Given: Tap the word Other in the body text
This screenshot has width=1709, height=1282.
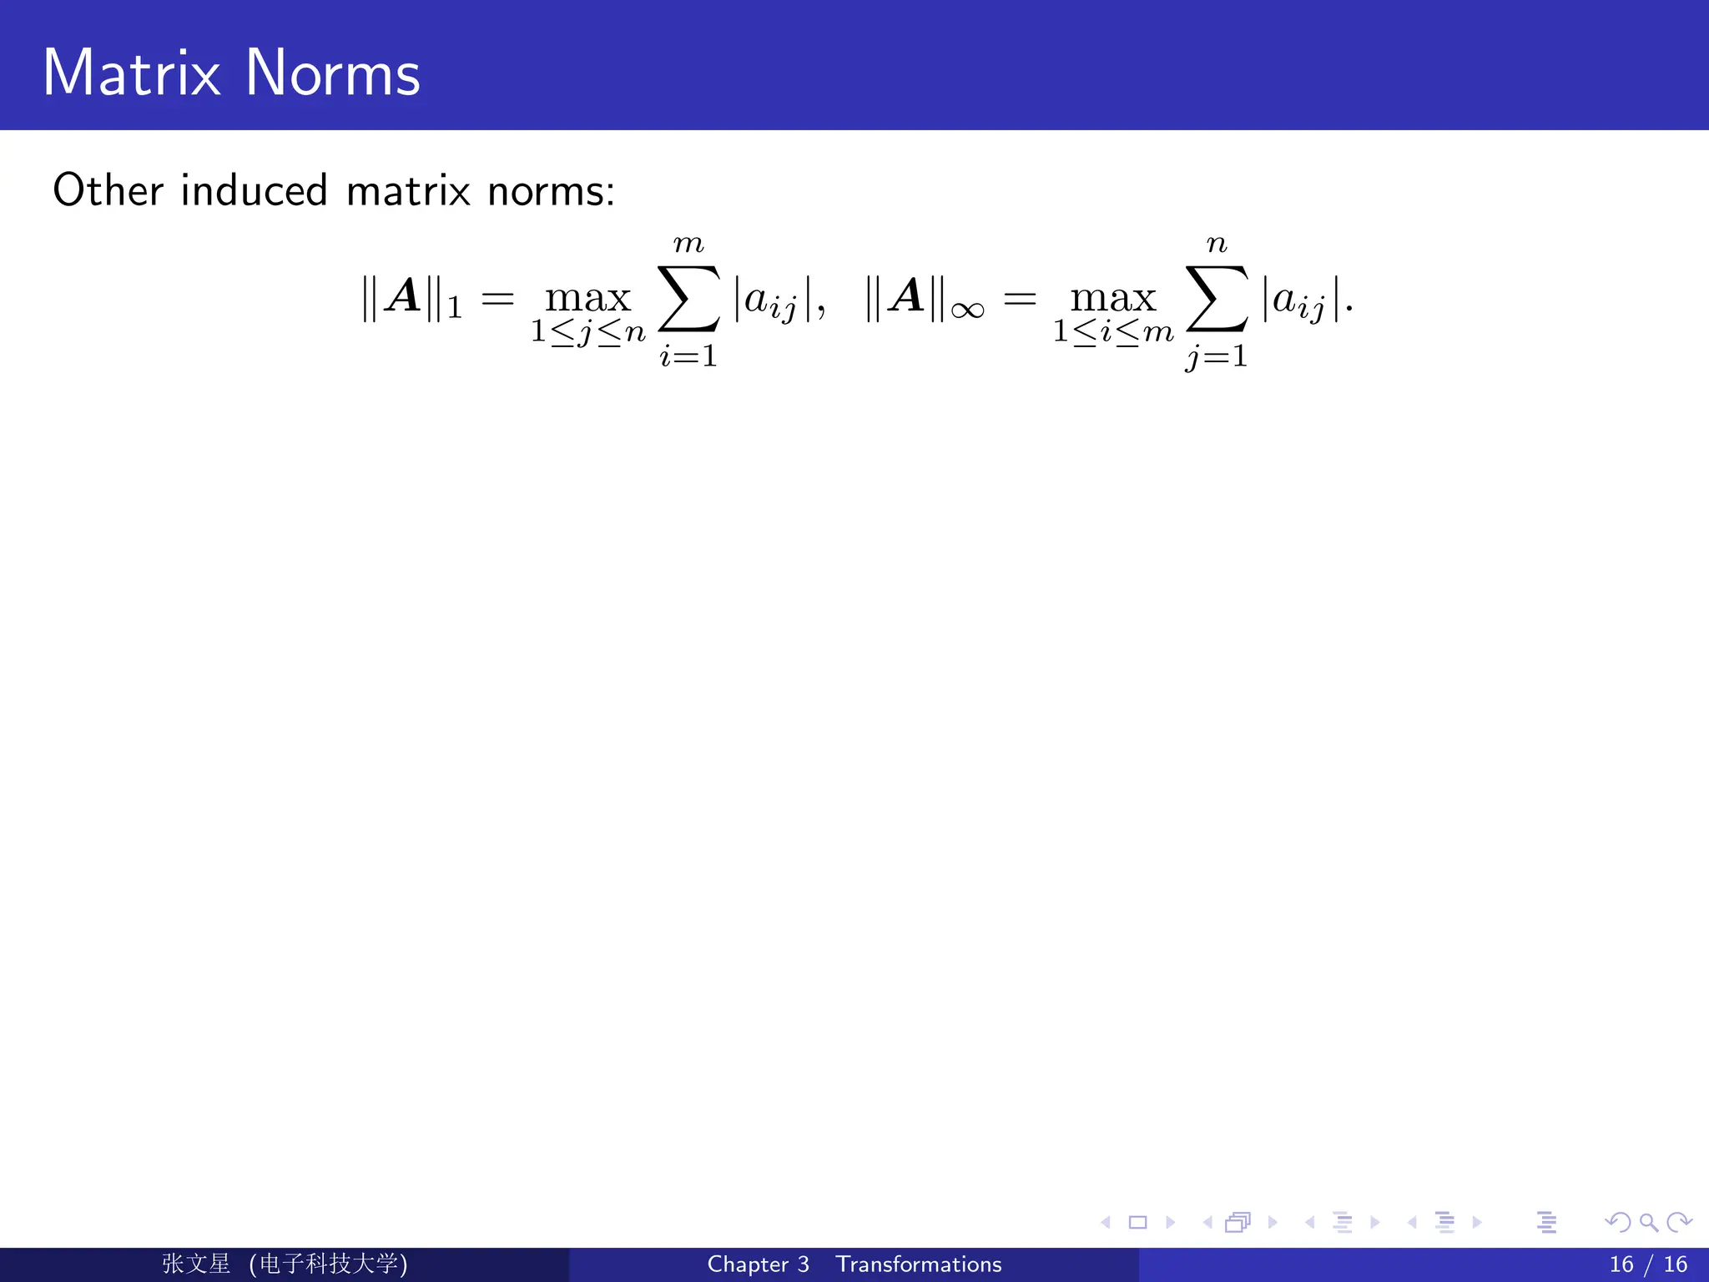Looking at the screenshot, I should click(x=108, y=190).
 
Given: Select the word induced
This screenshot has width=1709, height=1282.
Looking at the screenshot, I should click(x=254, y=190).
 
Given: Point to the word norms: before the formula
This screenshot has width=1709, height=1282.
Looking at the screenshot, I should click(x=551, y=192).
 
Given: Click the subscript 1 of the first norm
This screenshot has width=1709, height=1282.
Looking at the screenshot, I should click(x=455, y=309).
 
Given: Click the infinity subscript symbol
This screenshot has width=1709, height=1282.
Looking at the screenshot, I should click(x=967, y=310).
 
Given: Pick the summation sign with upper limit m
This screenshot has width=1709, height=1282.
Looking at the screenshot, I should click(x=689, y=298).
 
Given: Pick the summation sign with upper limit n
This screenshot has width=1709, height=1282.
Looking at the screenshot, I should click(x=1217, y=298).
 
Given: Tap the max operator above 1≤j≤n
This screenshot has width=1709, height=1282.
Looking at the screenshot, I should click(x=588, y=298).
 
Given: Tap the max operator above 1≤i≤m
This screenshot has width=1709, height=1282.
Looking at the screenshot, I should click(x=1113, y=298).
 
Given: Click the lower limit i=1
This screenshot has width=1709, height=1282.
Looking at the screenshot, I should click(x=688, y=356).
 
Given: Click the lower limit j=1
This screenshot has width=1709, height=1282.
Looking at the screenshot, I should click(x=1217, y=357).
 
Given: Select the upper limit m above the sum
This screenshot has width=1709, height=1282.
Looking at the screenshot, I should click(x=688, y=244).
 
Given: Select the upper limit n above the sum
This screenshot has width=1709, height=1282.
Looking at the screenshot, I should click(x=1217, y=244).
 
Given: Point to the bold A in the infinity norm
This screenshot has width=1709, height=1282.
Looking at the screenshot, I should click(x=906, y=296).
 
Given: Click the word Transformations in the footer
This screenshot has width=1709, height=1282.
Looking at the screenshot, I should click(x=919, y=1264).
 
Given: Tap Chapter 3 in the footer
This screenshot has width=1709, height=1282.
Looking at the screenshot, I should click(x=758, y=1264).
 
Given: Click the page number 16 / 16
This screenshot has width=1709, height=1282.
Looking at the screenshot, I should click(x=1648, y=1264).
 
